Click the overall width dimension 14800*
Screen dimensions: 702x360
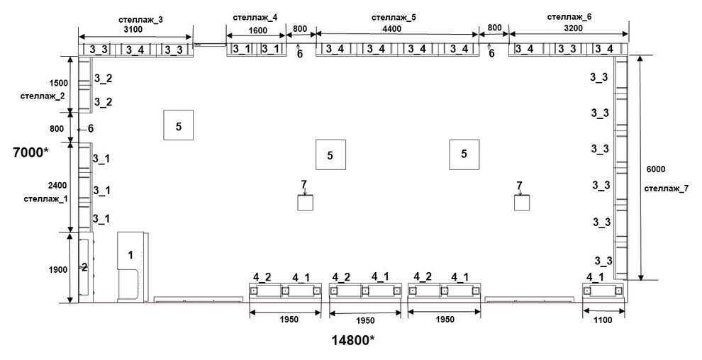pyautogui.click(x=353, y=340)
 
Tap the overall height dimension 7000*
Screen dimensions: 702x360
pyautogui.click(x=30, y=152)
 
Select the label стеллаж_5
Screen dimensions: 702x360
pyautogui.click(x=394, y=18)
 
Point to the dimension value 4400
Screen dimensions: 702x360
pyautogui.click(x=392, y=28)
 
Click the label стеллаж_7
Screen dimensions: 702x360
pyautogui.click(x=666, y=189)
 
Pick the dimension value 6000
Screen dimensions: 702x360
pyautogui.click(x=656, y=169)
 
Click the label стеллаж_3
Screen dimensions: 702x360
pyautogui.click(x=140, y=20)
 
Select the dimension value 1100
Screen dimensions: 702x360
pyautogui.click(x=602, y=320)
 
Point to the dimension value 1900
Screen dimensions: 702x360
pyautogui.click(x=59, y=270)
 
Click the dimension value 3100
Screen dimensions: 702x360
pyautogui.click(x=133, y=30)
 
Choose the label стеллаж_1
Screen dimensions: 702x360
pyautogui.click(x=45, y=198)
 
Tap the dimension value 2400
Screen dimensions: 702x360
pyautogui.click(x=57, y=185)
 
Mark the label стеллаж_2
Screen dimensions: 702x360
pyautogui.click(x=43, y=96)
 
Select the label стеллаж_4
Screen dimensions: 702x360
pyautogui.click(x=255, y=18)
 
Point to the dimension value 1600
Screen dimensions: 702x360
pyautogui.click(x=257, y=30)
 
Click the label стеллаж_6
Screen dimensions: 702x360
pyautogui.click(x=569, y=17)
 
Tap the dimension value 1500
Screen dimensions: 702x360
pyautogui.click(x=59, y=83)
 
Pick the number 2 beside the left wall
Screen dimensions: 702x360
pyautogui.click(x=84, y=267)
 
